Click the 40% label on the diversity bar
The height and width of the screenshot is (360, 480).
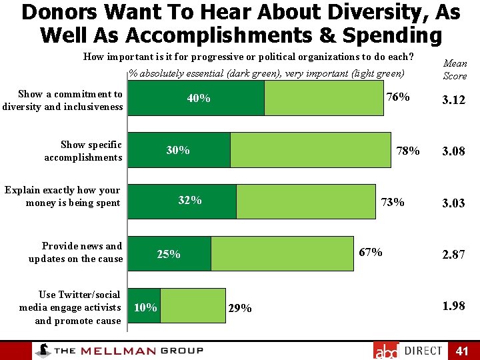(x=199, y=99)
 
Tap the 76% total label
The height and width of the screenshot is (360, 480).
(x=398, y=97)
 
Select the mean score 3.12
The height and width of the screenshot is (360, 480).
(x=453, y=101)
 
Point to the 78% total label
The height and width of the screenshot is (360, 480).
(x=407, y=151)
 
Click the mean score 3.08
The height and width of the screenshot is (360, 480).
(x=453, y=152)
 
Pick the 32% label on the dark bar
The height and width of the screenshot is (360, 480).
(x=190, y=200)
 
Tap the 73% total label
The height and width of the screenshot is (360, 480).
(x=392, y=202)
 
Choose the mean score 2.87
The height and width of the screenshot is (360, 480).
(x=453, y=255)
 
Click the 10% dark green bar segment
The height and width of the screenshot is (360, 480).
(x=145, y=306)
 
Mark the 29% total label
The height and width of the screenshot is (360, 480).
(x=240, y=308)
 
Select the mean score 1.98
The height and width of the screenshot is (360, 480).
(x=453, y=306)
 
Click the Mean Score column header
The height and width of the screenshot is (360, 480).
(x=455, y=69)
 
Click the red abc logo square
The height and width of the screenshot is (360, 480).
(x=385, y=351)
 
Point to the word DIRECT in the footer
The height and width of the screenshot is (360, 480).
(x=423, y=351)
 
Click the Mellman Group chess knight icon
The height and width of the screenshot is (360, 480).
(x=43, y=351)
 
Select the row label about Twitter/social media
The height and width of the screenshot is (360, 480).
(x=70, y=307)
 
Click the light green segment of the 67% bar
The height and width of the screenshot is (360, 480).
(x=282, y=253)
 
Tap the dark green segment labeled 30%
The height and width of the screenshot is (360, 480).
(x=179, y=150)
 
